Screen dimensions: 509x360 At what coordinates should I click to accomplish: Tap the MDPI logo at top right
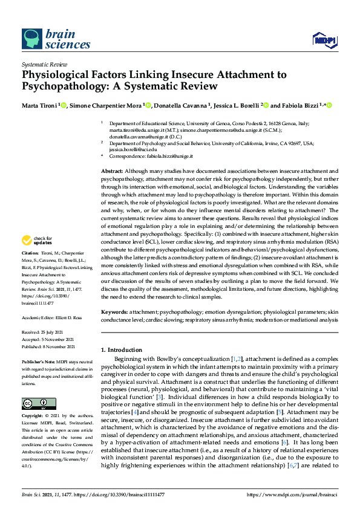click(x=324, y=40)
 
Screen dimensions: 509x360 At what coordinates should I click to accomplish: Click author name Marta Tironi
click(x=37, y=105)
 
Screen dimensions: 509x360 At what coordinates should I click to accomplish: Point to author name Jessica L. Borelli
click(x=243, y=105)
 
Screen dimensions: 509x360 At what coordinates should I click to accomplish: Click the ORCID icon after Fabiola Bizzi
click(x=330, y=105)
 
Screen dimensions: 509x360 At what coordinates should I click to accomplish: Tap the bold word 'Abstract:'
click(x=113, y=172)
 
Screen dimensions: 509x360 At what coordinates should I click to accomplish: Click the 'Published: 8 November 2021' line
click(x=48, y=346)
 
